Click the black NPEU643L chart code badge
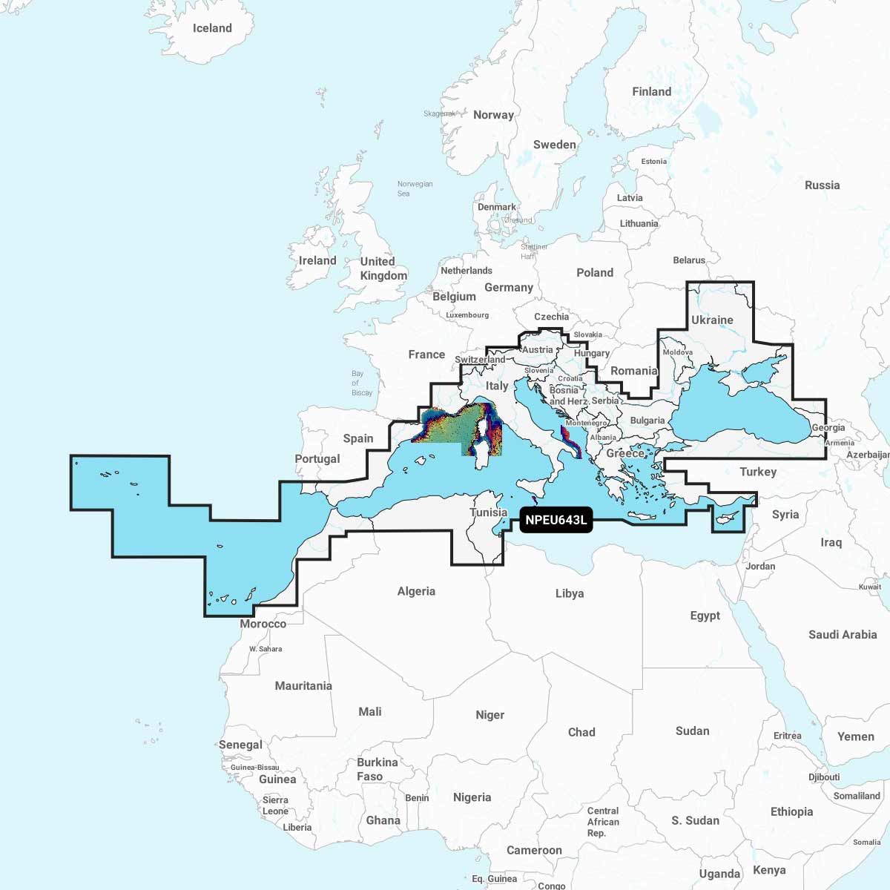pos(556,520)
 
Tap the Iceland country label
pos(212,28)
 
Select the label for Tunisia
pos(488,512)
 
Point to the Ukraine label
pos(712,320)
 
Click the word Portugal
pos(317,459)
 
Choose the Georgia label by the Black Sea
pos(828,428)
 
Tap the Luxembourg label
pos(467,315)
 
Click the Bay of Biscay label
pos(362,383)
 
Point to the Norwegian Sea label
pos(415,188)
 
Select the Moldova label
pos(678,352)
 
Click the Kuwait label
pos(870,587)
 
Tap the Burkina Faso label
pos(378,769)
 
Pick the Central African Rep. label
pos(603,822)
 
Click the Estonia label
pos(653,161)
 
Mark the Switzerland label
pos(480,360)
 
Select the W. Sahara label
pos(266,649)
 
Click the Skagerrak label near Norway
pos(439,113)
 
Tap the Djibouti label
pos(824,777)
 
